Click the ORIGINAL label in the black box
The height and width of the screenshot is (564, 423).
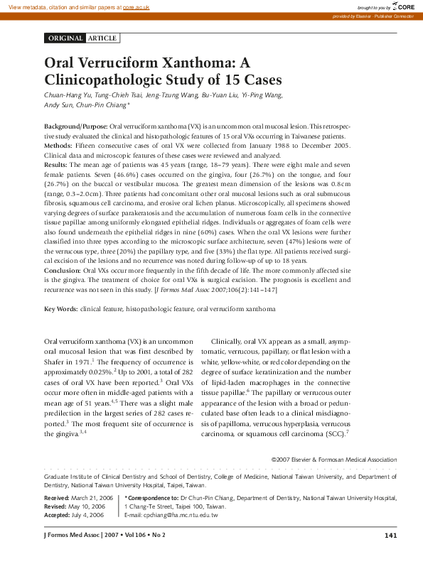(x=65, y=38)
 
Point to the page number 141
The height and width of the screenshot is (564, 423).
(x=390, y=534)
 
